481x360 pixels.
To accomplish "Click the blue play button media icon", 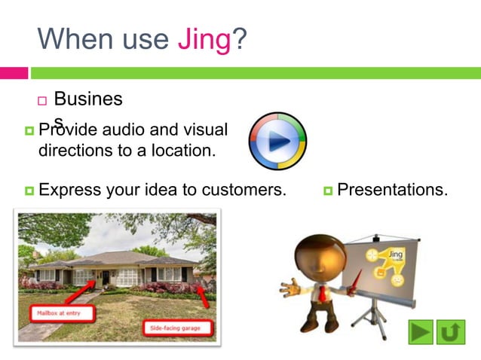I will coord(277,141).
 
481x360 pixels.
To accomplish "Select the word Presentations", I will coord(392,190).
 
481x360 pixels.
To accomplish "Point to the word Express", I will coord(69,190).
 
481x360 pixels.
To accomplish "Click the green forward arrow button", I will coord(421,331).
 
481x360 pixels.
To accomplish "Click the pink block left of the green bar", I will coord(14,73).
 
